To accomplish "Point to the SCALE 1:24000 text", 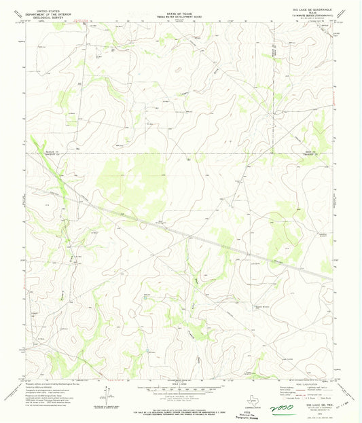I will click(x=181, y=379).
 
